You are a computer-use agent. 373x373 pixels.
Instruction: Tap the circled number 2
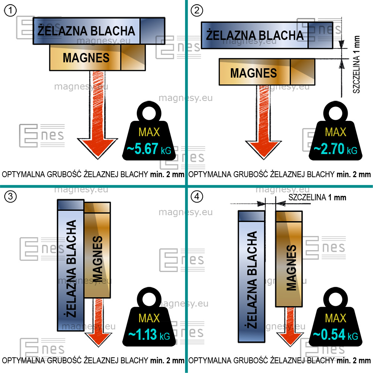[197, 11]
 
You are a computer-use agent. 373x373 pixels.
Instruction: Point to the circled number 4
[197, 197]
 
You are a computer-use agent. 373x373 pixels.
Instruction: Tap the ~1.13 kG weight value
[149, 335]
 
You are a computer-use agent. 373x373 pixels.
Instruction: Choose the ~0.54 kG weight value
[335, 335]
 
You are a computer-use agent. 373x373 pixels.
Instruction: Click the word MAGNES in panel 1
[86, 58]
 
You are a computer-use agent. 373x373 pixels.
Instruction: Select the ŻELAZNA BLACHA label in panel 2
[255, 35]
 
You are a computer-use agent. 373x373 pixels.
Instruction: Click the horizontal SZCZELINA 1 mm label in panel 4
[317, 197]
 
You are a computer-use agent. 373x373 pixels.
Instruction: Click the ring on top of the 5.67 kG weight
[149, 112]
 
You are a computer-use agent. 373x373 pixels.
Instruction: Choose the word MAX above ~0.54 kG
[336, 318]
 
